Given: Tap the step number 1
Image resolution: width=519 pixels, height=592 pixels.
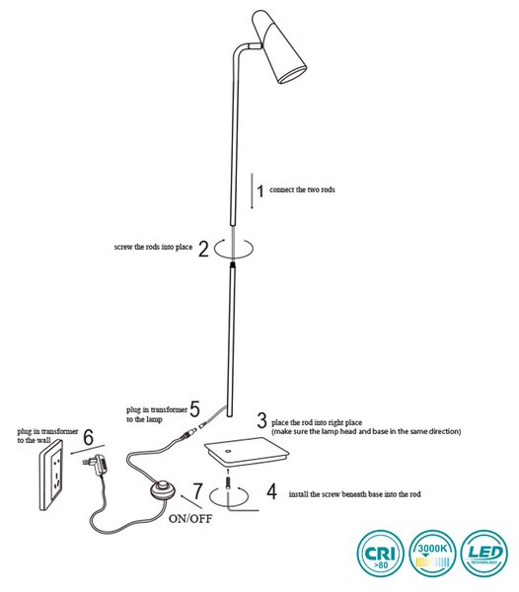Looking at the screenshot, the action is (260, 191).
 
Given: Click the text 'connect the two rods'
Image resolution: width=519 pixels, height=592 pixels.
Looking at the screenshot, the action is (302, 189).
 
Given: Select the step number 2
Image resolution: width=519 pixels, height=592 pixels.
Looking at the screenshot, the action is (203, 249).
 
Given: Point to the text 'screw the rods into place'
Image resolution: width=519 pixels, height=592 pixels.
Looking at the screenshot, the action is (153, 248).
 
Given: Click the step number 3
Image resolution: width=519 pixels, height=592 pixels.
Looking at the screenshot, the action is (261, 420).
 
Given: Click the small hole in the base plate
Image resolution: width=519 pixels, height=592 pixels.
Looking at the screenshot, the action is (228, 451).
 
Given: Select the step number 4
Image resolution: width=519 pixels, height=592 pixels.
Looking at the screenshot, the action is (271, 491).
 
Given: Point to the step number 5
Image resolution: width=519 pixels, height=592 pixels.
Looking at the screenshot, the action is (194, 408).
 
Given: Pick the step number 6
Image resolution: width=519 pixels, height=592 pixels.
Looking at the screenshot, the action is (88, 437).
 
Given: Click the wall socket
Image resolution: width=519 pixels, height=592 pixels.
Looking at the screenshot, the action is (51, 475).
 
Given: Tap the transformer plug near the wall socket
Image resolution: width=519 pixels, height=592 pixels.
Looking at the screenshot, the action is (96, 465).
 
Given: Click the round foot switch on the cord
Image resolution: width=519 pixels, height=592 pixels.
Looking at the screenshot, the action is (162, 490).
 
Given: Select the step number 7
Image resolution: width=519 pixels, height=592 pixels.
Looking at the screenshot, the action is (197, 491).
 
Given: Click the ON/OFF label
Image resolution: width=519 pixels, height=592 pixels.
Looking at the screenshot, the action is (190, 518).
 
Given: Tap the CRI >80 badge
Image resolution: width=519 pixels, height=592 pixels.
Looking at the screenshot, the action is (381, 554).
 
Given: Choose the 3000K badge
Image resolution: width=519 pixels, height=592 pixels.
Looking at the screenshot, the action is (432, 554).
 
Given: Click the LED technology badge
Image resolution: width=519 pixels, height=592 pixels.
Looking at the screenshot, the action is (484, 554).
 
